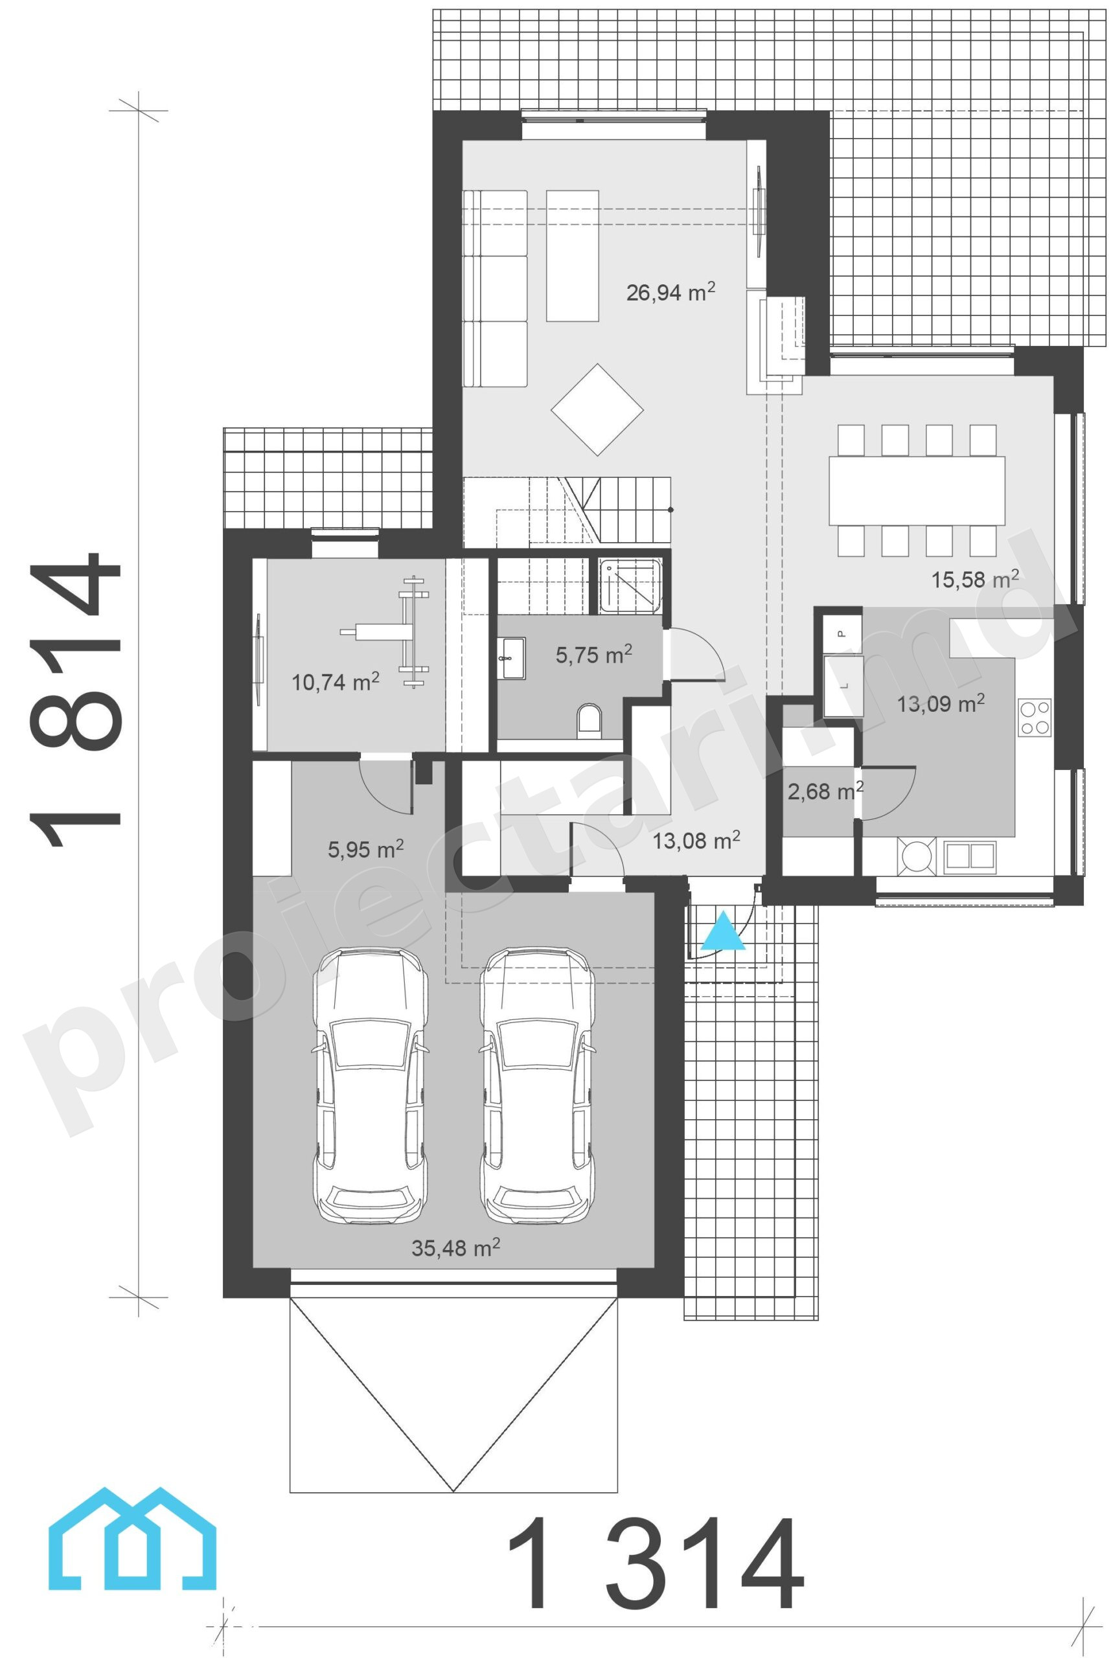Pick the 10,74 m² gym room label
(335, 682)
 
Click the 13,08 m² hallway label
(696, 840)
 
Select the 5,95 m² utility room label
(365, 848)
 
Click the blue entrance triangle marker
(724, 933)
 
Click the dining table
(917, 490)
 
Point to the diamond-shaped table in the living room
(597, 409)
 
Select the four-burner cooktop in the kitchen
(1035, 717)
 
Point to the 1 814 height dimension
(74, 698)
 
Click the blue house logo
(132, 1547)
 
